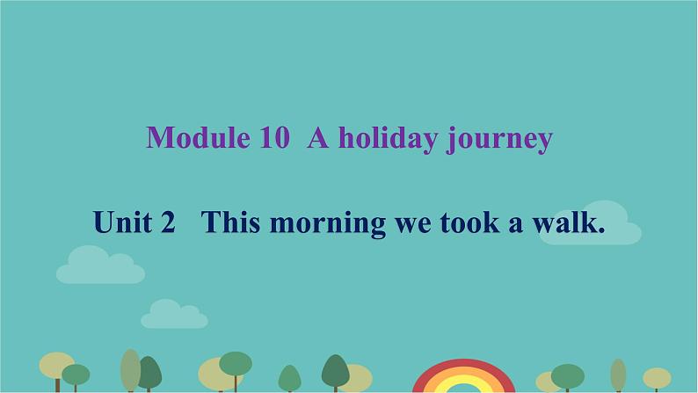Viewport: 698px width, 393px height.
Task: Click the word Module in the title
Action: (x=198, y=137)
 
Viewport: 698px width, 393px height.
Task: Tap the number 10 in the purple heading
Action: (x=275, y=137)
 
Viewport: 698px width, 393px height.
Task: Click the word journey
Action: (x=499, y=140)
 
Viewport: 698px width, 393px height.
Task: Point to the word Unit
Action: (x=122, y=222)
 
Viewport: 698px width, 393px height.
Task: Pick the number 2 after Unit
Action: (x=168, y=222)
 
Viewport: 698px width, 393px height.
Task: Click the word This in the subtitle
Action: (x=230, y=222)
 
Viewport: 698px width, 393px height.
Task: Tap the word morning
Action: (x=328, y=224)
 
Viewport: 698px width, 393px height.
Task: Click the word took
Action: (x=470, y=222)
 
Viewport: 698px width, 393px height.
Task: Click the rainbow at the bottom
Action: (x=464, y=368)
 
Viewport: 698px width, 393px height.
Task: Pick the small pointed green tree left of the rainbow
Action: (x=290, y=378)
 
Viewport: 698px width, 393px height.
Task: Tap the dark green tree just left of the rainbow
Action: (x=336, y=373)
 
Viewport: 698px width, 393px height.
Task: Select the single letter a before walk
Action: (x=515, y=225)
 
